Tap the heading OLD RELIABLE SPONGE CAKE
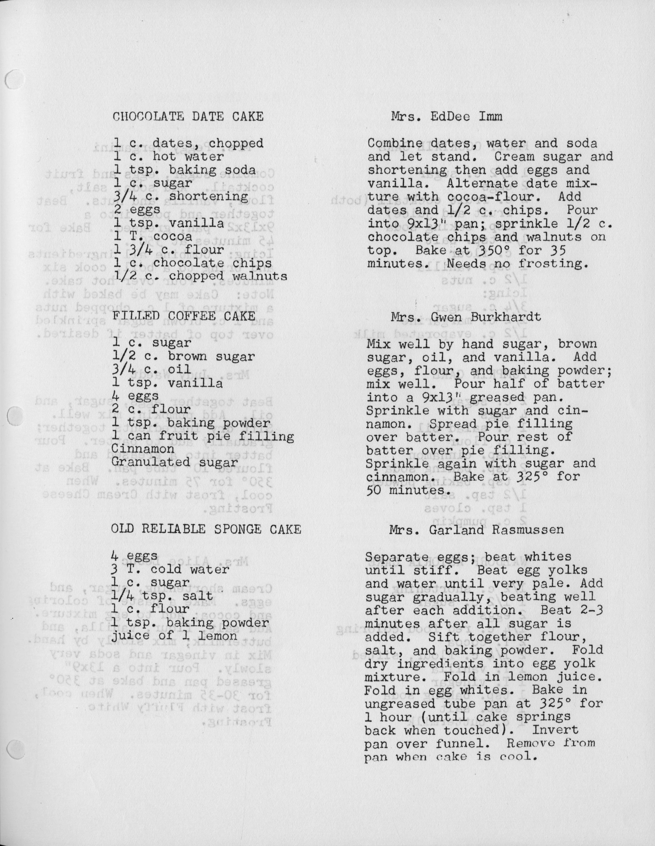pyautogui.click(x=206, y=529)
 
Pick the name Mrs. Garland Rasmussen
pyautogui.click(x=476, y=529)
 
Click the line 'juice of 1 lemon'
pyautogui.click(x=174, y=636)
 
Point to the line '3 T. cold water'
pyautogui.click(x=170, y=569)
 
